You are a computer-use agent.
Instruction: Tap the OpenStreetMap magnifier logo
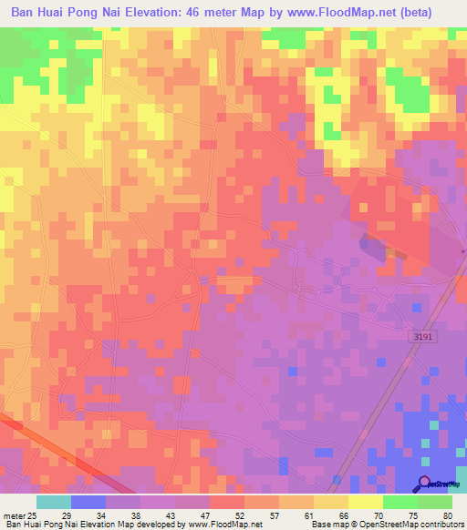click(x=425, y=483)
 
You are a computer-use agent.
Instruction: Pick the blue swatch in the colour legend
click(x=88, y=502)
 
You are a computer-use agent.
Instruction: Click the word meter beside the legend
click(x=14, y=515)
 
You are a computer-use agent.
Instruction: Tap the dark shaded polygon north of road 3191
click(x=372, y=244)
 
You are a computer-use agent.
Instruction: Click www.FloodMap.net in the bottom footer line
click(x=223, y=525)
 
